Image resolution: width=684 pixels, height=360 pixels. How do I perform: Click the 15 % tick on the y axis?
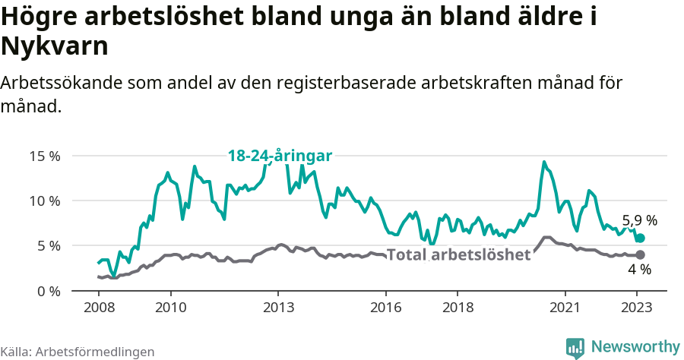click(45, 156)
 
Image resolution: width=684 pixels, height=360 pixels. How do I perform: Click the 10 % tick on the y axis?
click(45, 201)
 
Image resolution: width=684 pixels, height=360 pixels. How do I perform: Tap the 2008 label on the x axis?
click(99, 308)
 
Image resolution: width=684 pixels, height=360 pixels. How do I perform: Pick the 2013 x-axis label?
click(278, 308)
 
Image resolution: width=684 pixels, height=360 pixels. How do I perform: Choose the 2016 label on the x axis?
click(385, 308)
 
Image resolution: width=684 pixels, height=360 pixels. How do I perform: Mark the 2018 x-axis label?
click(457, 308)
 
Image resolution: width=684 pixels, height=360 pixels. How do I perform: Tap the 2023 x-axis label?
click(636, 308)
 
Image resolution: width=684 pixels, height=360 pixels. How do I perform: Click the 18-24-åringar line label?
click(280, 156)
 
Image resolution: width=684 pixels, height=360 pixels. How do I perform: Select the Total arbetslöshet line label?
click(458, 254)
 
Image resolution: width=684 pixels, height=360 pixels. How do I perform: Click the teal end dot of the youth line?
click(640, 238)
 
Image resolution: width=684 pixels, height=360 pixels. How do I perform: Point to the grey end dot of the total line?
click(640, 254)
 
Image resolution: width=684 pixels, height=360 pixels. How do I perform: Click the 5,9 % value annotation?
click(639, 221)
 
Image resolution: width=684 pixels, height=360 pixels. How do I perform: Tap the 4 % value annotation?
click(639, 270)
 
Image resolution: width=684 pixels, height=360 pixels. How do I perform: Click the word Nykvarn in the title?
click(55, 47)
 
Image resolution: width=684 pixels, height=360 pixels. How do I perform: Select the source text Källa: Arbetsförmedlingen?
click(78, 352)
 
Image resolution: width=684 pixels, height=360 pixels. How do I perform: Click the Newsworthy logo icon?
click(575, 347)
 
